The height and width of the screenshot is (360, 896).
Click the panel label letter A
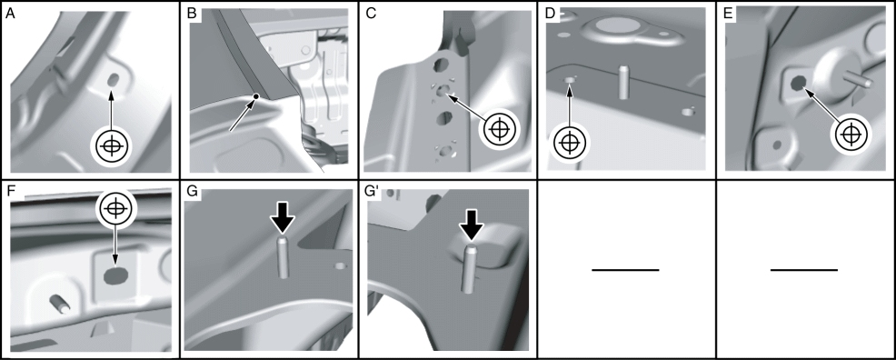point(10,15)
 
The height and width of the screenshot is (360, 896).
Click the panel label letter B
point(192,15)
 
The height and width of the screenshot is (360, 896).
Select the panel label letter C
point(371,15)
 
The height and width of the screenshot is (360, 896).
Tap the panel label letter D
point(551,15)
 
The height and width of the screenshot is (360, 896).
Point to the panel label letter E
point(728,15)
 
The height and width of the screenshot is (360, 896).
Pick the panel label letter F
point(10,192)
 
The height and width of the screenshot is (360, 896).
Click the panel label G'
point(373,192)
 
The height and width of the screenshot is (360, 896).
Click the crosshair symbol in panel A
point(112,146)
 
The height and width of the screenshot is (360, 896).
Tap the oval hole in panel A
point(112,80)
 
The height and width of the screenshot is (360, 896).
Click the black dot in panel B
point(256,96)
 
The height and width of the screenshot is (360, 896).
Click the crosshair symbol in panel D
point(569,141)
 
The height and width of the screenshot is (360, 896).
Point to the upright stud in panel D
point(623,82)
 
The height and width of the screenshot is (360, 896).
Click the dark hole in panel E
point(797,84)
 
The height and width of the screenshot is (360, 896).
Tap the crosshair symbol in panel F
point(116,207)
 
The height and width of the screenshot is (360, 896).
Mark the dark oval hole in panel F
point(115,276)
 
